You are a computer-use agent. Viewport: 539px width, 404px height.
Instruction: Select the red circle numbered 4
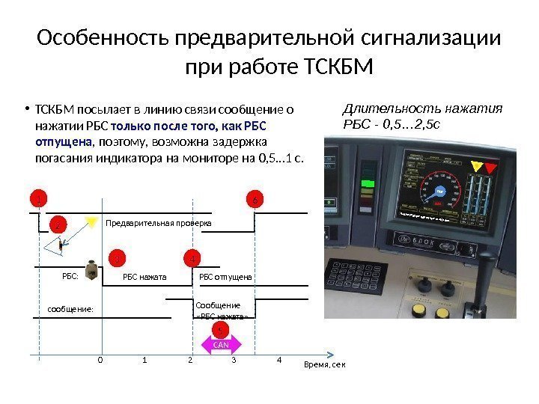192,259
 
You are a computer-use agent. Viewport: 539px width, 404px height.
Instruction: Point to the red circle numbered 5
222,330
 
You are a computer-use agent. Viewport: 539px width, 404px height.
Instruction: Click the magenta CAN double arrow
221,344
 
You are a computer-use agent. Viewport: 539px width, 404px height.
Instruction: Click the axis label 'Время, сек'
326,364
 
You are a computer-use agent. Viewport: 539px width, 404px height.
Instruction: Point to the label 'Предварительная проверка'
159,224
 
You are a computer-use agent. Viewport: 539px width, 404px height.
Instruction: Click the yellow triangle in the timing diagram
91,221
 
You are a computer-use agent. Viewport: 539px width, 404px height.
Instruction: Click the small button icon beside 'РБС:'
91,270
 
